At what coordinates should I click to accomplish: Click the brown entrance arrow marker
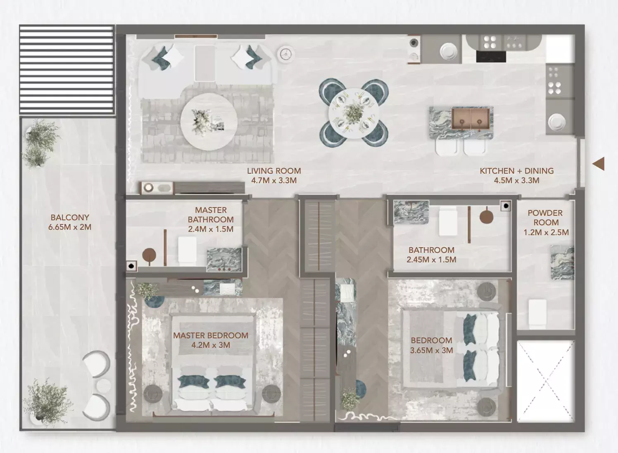tap(599, 164)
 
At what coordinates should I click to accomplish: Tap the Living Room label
tap(273, 175)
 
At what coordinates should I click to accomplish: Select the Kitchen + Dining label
tap(516, 175)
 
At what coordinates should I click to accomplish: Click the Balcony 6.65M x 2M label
tap(70, 222)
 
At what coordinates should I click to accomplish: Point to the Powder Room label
tap(545, 222)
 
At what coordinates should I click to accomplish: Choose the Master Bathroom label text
tap(211, 219)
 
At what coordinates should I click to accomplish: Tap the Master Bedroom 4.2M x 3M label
tap(211, 340)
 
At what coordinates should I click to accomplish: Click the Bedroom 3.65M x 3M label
tap(431, 345)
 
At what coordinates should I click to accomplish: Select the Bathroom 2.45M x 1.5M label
tap(431, 255)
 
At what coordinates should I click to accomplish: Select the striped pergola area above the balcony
tap(67, 69)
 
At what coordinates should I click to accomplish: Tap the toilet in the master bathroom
tap(187, 250)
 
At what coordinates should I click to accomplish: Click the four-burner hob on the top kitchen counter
tap(490, 42)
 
